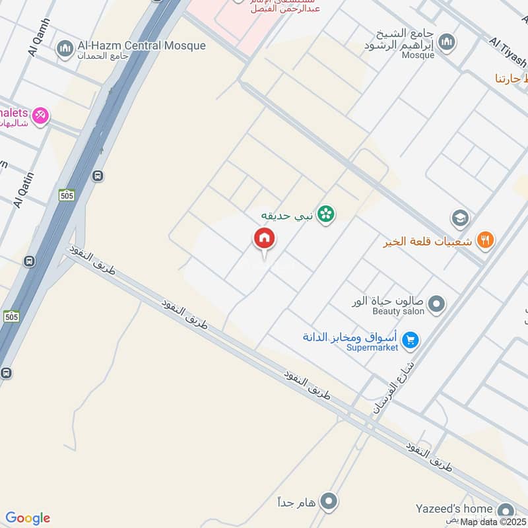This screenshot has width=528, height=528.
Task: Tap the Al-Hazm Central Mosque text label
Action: point(141,46)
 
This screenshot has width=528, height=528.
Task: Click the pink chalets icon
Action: point(41,115)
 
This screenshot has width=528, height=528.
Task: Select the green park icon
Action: point(325,214)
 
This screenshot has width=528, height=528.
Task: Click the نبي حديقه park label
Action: point(286,215)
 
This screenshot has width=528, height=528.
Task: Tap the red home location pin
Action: point(265,240)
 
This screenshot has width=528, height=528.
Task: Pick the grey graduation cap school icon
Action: point(460,217)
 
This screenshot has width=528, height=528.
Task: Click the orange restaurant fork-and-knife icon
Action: point(485,241)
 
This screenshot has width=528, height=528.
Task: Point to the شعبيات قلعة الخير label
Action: point(428,242)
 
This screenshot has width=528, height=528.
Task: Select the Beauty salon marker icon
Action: point(436,304)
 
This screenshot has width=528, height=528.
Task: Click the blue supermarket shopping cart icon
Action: point(411,340)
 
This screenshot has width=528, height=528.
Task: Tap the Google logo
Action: point(28,518)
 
